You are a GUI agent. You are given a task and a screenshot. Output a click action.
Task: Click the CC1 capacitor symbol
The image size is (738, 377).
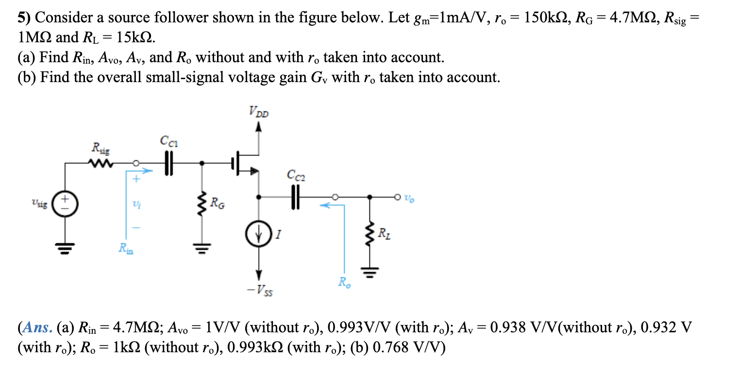[x=168, y=163]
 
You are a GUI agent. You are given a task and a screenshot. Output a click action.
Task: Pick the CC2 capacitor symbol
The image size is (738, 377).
[x=295, y=197]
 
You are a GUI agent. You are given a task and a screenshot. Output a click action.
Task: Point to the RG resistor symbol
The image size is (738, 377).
[x=202, y=203]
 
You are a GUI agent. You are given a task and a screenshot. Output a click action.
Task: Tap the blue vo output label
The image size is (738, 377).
[x=410, y=198]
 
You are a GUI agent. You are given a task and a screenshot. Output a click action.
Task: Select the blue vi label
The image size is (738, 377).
[x=136, y=205]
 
